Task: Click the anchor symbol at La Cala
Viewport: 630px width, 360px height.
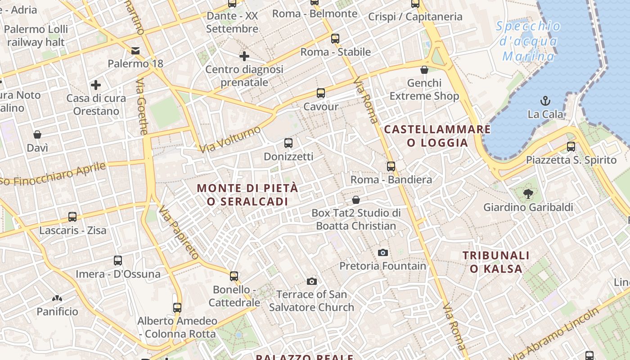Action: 545,100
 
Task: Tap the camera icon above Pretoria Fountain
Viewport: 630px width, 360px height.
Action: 383,252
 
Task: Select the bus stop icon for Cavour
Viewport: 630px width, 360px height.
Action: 321,93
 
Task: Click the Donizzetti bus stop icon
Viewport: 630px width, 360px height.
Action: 288,143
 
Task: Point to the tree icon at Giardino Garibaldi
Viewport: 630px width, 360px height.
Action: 528,194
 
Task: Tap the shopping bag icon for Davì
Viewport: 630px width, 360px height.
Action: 37,135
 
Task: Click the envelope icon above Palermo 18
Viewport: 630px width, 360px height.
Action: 135,50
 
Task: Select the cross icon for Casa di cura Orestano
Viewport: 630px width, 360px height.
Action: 96,85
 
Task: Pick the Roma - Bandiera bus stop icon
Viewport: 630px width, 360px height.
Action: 391,166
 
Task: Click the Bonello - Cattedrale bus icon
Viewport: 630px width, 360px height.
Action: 234,276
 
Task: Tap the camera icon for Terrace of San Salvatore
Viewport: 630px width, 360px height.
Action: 311,281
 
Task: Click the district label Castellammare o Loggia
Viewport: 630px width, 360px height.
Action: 437,136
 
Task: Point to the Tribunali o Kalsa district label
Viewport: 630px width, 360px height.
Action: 496,262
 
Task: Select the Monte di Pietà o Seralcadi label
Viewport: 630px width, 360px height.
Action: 247,194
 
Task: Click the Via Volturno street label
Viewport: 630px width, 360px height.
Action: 230,139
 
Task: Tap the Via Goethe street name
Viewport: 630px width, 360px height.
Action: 142,107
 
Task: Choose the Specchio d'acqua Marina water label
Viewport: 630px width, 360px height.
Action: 528,41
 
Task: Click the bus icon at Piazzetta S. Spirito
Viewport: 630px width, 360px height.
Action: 571,146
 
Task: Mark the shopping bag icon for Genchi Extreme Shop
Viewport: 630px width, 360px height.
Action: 424,70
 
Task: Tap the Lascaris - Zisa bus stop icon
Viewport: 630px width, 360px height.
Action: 72,217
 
